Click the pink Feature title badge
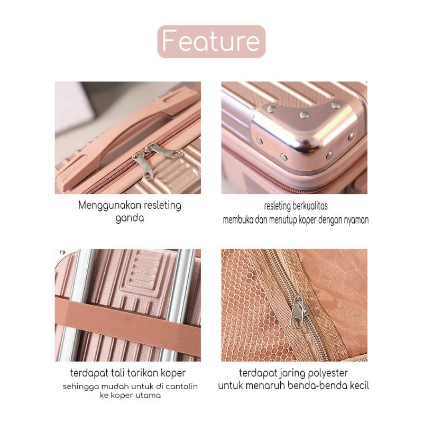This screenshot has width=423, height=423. click(212, 42)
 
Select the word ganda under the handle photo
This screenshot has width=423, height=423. click(130, 218)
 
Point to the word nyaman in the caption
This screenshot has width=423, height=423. click(356, 220)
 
